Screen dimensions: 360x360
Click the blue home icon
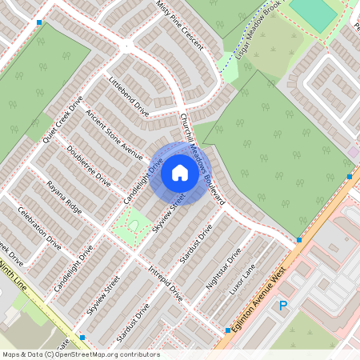180,173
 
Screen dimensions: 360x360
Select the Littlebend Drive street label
130,94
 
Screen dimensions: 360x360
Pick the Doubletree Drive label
90,166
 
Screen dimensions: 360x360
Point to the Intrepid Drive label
166,284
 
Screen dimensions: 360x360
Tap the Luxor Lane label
246,278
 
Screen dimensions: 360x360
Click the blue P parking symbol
282,306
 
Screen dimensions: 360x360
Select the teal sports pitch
314,14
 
